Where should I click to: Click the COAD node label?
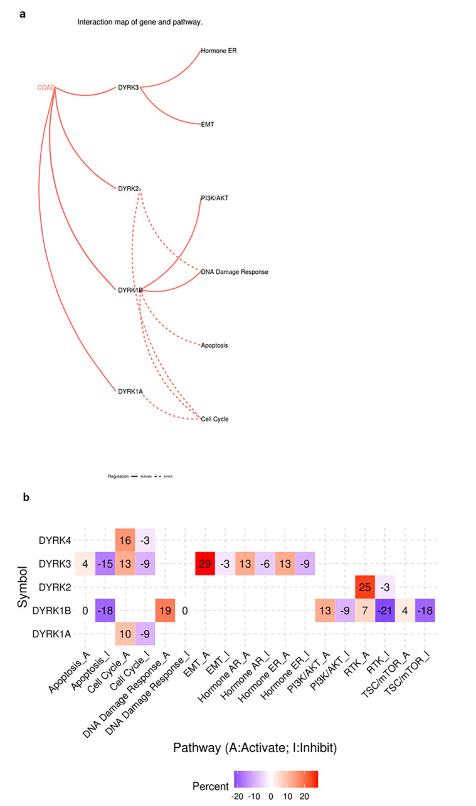(46, 87)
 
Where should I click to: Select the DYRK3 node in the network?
(128, 87)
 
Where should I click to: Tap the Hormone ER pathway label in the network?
(218, 51)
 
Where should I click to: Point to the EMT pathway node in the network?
(207, 124)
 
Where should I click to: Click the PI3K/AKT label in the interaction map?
(214, 198)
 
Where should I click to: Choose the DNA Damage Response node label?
(235, 272)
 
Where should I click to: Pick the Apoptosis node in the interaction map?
(214, 345)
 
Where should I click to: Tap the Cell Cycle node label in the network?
(214, 419)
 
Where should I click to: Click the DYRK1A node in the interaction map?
(130, 391)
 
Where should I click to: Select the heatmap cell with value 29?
(204, 563)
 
